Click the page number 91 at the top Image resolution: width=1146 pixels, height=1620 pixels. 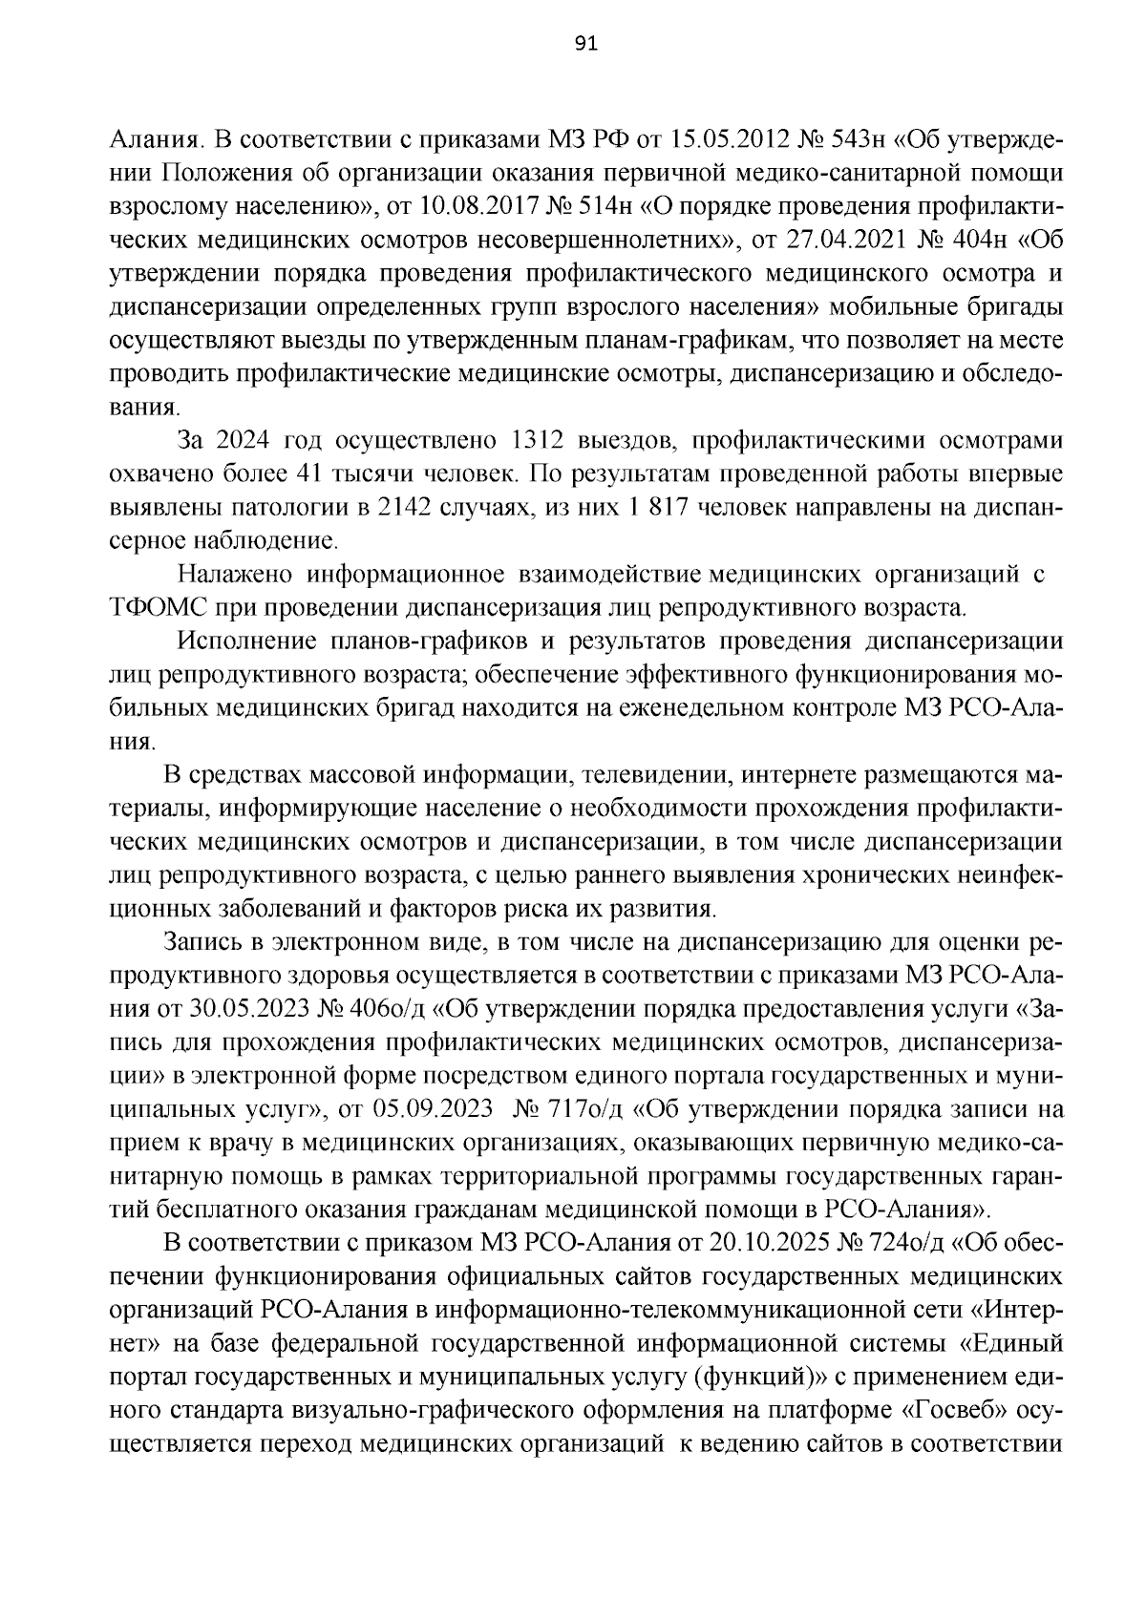(x=585, y=45)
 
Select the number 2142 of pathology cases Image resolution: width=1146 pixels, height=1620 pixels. (x=408, y=509)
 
